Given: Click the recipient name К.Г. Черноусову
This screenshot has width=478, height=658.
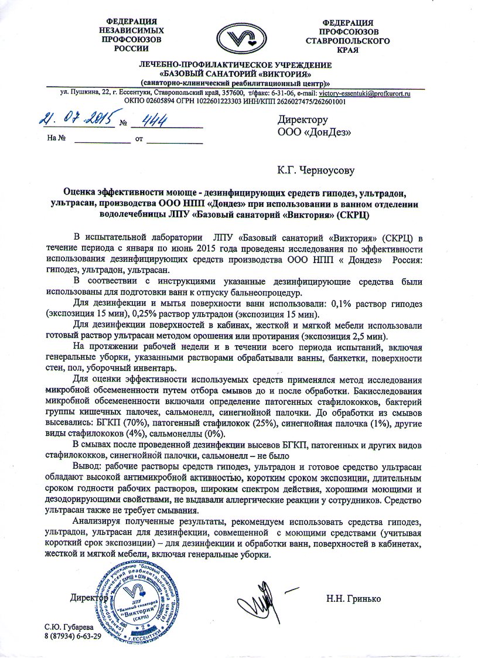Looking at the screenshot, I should [x=316, y=171].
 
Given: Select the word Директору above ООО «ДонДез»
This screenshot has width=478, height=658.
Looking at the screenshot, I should [x=302, y=121].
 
